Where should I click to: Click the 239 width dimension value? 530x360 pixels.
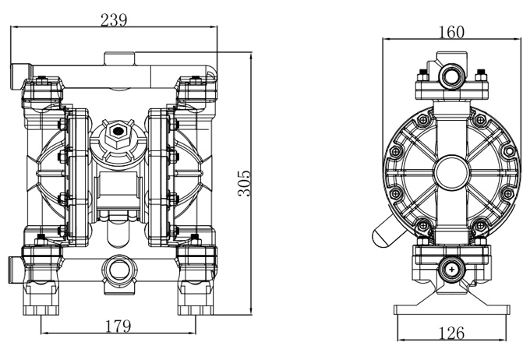click(114, 19)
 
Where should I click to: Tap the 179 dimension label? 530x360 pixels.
click(117, 326)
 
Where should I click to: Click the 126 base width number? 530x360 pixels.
click(451, 334)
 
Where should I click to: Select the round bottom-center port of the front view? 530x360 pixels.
click(118, 270)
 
